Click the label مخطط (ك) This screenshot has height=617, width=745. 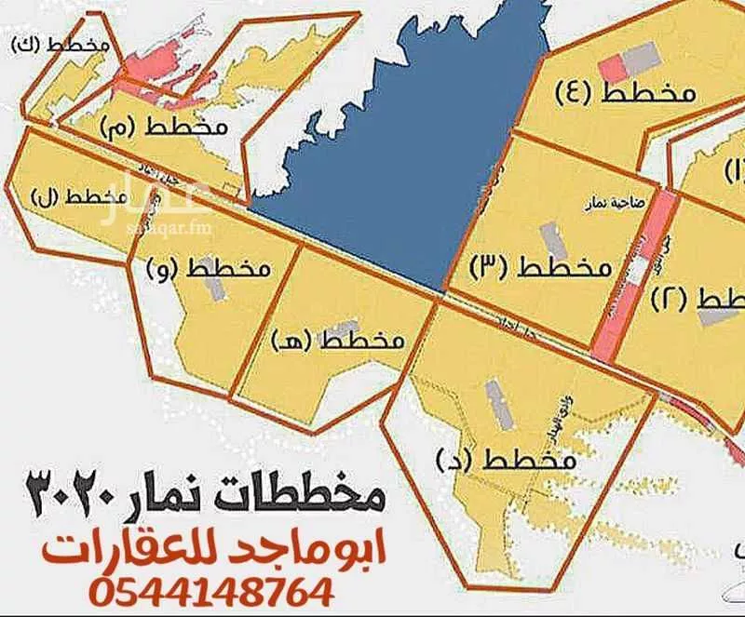(58, 44)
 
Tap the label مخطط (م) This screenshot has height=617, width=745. (176, 127)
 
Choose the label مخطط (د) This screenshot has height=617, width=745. (503, 459)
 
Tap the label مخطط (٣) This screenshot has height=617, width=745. (539, 267)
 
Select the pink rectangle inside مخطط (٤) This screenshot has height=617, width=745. (613, 68)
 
